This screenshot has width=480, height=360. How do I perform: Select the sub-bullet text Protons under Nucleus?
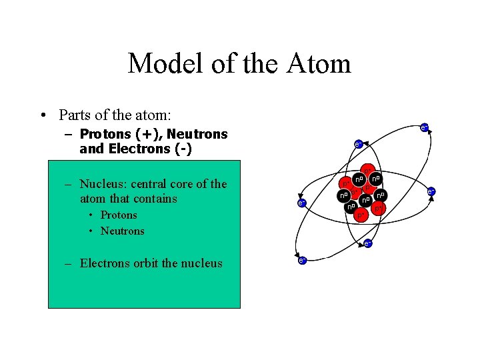119,215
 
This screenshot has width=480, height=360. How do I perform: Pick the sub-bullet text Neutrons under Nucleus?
122,231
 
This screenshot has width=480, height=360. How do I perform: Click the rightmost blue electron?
431,191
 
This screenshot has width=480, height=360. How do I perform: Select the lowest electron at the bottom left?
301,260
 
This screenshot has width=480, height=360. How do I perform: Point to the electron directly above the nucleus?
357,143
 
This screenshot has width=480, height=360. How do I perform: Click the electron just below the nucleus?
367,243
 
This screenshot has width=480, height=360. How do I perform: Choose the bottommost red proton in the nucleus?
360,216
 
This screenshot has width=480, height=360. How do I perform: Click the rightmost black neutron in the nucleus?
380,195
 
